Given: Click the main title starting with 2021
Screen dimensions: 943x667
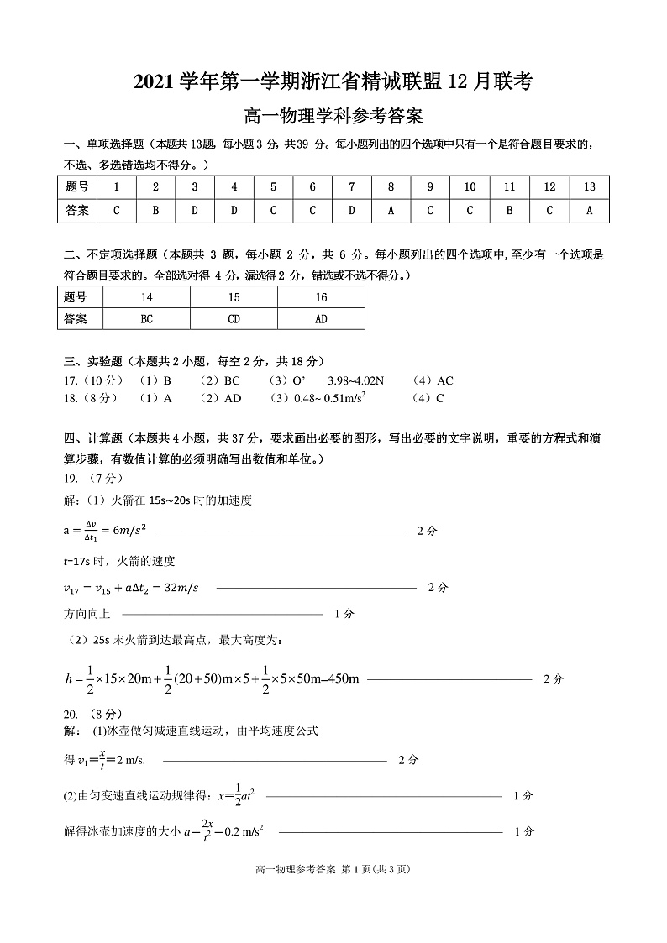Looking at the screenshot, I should [333, 81].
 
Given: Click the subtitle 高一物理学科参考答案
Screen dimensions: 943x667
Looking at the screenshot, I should [333, 116].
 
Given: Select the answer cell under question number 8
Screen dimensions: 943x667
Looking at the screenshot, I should [391, 210].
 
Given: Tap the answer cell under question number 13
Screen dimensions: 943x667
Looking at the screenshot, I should [589, 210].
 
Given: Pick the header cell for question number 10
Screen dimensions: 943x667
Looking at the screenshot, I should [470, 187].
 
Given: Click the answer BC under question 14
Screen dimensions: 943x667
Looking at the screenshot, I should [147, 319].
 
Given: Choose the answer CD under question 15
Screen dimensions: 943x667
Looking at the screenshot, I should [234, 319].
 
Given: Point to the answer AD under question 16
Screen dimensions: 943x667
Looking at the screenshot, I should [321, 319].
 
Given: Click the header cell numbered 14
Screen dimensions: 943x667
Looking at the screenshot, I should [147, 297].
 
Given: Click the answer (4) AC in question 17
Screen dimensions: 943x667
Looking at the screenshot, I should [433, 380].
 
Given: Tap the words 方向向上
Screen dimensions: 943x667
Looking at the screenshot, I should [87, 614].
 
